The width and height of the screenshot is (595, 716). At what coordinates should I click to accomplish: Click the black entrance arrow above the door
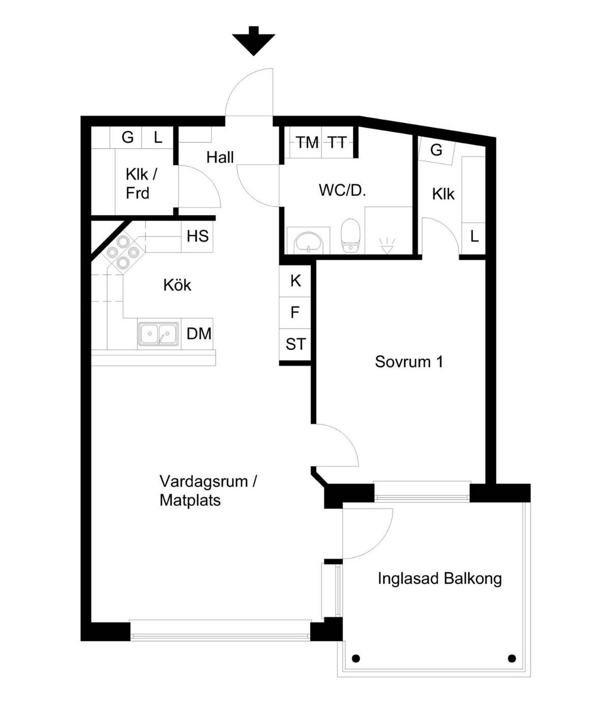[x=253, y=41]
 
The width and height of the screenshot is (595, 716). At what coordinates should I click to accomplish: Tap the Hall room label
[x=220, y=158]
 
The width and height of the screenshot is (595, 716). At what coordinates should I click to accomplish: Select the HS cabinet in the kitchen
[x=197, y=236]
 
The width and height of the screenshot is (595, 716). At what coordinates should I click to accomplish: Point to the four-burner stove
[x=123, y=252]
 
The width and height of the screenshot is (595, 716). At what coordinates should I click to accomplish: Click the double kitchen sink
[x=158, y=334]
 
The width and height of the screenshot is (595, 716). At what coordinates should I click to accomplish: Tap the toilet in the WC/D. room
[x=350, y=235]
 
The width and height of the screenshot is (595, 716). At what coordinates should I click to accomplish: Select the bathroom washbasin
[x=308, y=242]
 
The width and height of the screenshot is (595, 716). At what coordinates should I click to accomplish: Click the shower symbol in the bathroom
[x=387, y=246]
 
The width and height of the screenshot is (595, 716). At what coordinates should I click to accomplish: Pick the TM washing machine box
[x=306, y=142]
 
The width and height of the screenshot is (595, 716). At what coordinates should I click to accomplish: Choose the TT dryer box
[x=338, y=142]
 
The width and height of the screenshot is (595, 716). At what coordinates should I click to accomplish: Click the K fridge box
[x=295, y=281]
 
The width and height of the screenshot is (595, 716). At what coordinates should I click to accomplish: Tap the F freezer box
[x=295, y=313]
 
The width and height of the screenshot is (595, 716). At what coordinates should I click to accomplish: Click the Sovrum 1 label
[x=409, y=362]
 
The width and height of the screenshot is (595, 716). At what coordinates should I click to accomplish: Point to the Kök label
[x=177, y=285]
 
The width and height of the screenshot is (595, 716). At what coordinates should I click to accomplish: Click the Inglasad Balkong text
[x=440, y=579]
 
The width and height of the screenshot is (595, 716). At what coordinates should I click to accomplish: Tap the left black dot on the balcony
[x=356, y=658]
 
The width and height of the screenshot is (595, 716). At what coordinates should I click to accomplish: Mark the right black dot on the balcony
[x=512, y=658]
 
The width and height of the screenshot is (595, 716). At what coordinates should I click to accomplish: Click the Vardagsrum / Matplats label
[x=208, y=491]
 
